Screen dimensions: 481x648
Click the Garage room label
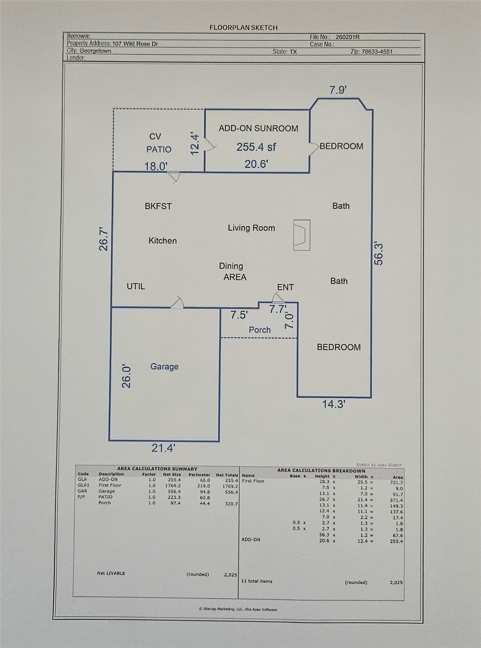(164, 367)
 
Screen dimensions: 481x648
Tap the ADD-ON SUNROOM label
(258, 128)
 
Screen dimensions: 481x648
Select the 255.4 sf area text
(256, 147)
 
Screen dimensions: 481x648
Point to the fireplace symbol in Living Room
(302, 235)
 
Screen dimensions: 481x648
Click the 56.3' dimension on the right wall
(379, 253)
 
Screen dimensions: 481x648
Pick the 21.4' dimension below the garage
(163, 448)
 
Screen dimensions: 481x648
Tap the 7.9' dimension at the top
(338, 90)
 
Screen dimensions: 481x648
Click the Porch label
(260, 330)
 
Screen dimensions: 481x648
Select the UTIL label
(136, 286)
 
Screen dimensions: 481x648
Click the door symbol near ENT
(278, 297)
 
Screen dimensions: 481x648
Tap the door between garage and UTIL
(177, 302)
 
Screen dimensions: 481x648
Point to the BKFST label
(158, 206)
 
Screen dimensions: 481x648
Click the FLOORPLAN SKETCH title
(243, 28)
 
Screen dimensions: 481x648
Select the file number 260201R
(347, 37)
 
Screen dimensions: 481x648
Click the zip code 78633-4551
(377, 52)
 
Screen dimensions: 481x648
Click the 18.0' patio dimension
(156, 166)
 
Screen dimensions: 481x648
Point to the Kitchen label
(162, 241)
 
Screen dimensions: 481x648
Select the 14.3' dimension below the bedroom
(334, 404)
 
